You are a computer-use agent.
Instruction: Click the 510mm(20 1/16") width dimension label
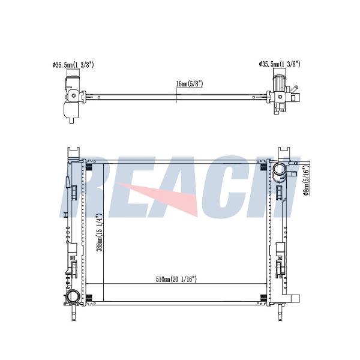[176, 280]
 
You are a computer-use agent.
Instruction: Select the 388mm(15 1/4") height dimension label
[100, 233]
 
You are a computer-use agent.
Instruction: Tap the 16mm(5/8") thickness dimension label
[190, 84]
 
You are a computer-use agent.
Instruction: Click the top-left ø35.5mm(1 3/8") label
[73, 65]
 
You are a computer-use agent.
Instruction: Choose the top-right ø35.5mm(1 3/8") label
[280, 64]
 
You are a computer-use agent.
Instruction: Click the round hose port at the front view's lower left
[73, 296]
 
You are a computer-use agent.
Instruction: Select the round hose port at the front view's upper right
[278, 171]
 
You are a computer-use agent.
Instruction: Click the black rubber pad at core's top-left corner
[89, 167]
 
